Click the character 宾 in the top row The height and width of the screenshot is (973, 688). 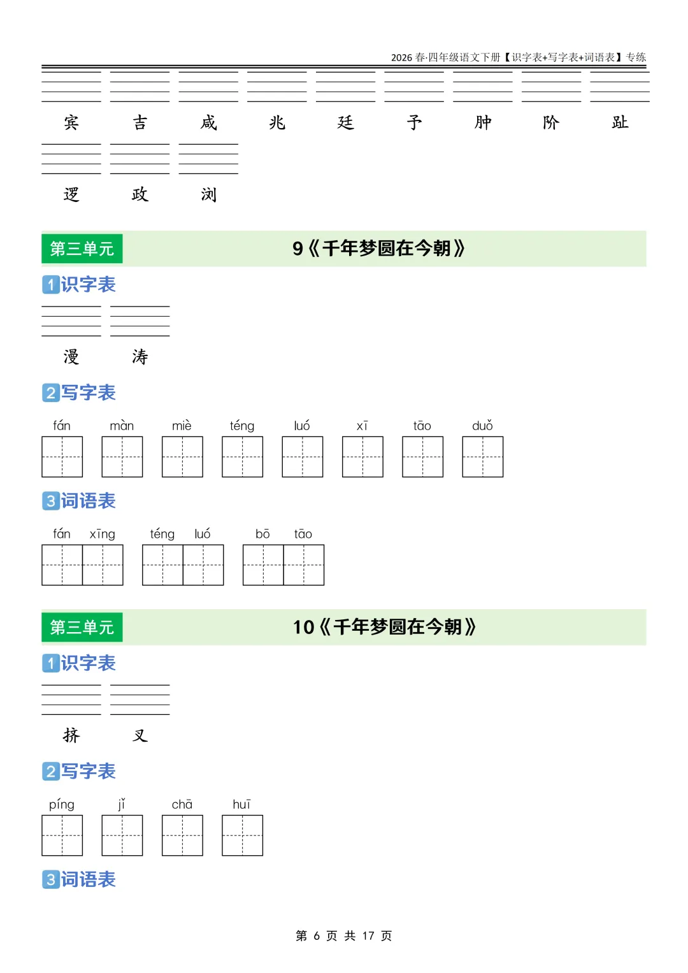71,122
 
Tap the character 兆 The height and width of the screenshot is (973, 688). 277,122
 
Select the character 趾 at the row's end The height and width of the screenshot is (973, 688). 620,122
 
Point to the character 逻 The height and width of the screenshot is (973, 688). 71,194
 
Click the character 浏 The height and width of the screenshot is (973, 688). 208,194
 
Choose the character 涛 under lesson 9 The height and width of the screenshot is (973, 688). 140,356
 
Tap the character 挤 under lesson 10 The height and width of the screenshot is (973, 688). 71,735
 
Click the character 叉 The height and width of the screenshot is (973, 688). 140,735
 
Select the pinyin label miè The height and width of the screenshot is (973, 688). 182,426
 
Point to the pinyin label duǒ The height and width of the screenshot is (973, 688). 482,426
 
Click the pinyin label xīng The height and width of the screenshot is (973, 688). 103,534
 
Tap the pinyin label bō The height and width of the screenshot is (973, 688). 262,534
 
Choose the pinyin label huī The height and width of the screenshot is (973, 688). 242,804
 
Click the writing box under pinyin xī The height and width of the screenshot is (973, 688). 362,457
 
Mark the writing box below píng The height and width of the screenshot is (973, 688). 62,835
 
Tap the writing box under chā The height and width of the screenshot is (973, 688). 182,835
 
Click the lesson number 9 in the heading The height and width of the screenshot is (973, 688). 297,249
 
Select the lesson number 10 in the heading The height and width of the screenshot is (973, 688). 303,627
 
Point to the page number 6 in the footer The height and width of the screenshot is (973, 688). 317,935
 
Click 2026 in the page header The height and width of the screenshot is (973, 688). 401,57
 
